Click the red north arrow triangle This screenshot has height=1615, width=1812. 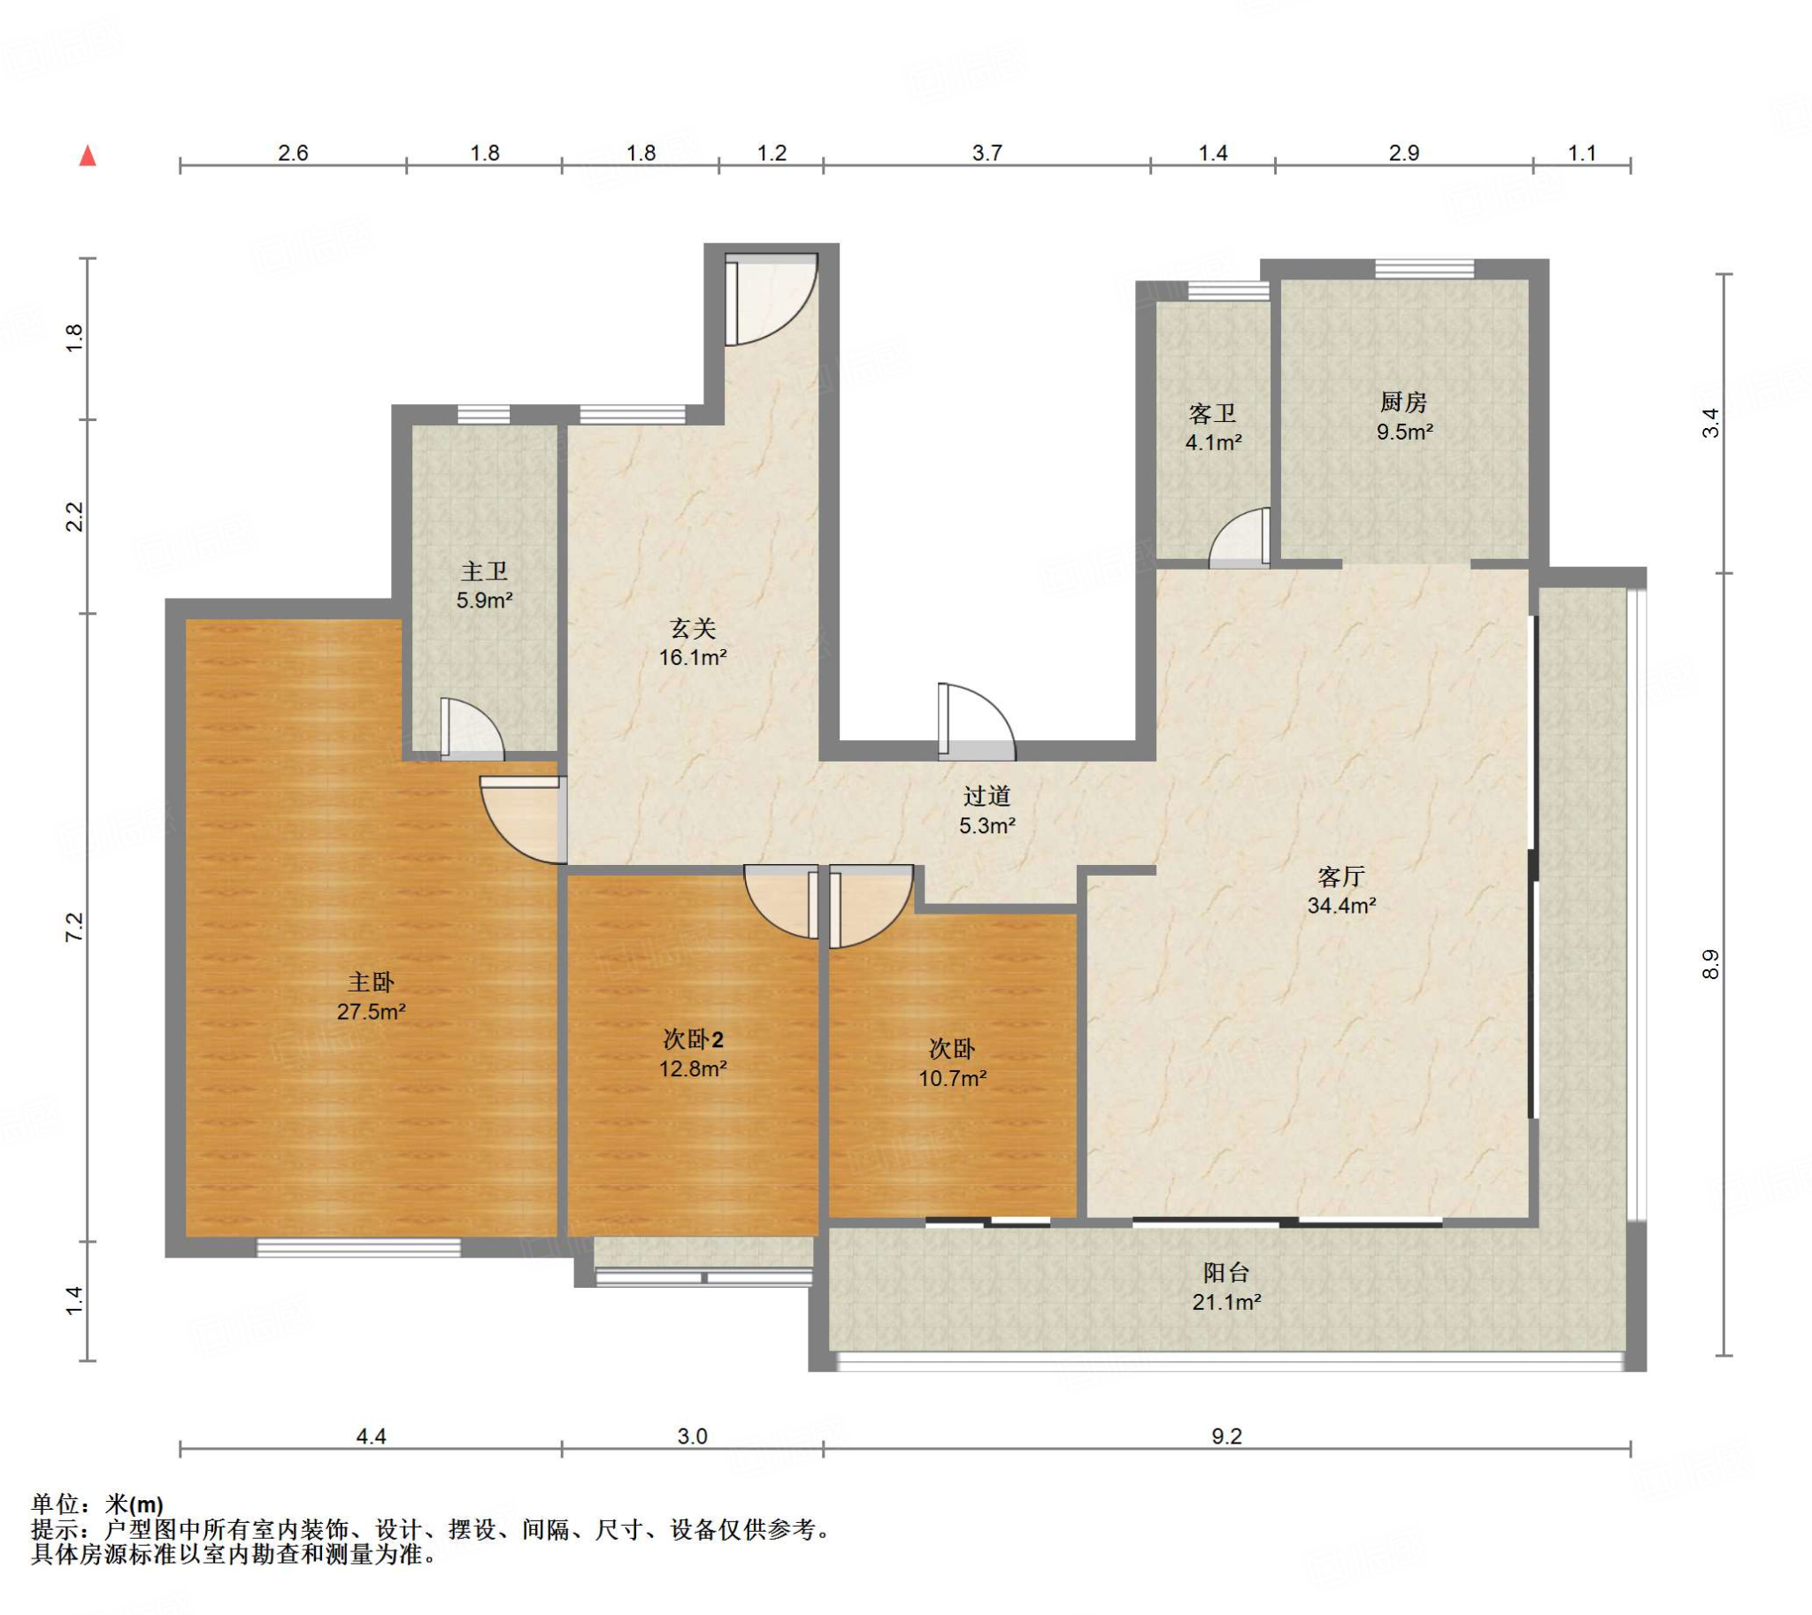tap(88, 157)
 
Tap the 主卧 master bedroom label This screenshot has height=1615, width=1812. tap(371, 983)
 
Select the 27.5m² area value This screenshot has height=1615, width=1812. tap(371, 1012)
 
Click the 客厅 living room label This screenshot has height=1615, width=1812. tap(1341, 876)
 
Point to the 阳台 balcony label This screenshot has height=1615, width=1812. tap(1226, 1273)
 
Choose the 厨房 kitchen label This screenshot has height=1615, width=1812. tap(1403, 402)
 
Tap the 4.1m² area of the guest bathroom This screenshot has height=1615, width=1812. tap(1214, 442)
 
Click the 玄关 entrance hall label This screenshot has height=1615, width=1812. tap(693, 628)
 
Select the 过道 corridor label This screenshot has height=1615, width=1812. tap(987, 796)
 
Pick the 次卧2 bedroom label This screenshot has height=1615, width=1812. tap(694, 1038)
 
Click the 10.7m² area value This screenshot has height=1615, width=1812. tap(953, 1079)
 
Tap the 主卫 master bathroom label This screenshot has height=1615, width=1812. tap(485, 570)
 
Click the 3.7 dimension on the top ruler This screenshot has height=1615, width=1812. tap(987, 153)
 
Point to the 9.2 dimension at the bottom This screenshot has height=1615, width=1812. tap(1227, 1435)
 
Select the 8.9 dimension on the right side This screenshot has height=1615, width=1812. tap(1711, 965)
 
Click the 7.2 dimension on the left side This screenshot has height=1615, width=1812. tap(74, 927)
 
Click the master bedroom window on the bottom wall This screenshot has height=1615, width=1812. tap(358, 1248)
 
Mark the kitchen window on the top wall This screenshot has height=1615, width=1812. tap(1425, 268)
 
